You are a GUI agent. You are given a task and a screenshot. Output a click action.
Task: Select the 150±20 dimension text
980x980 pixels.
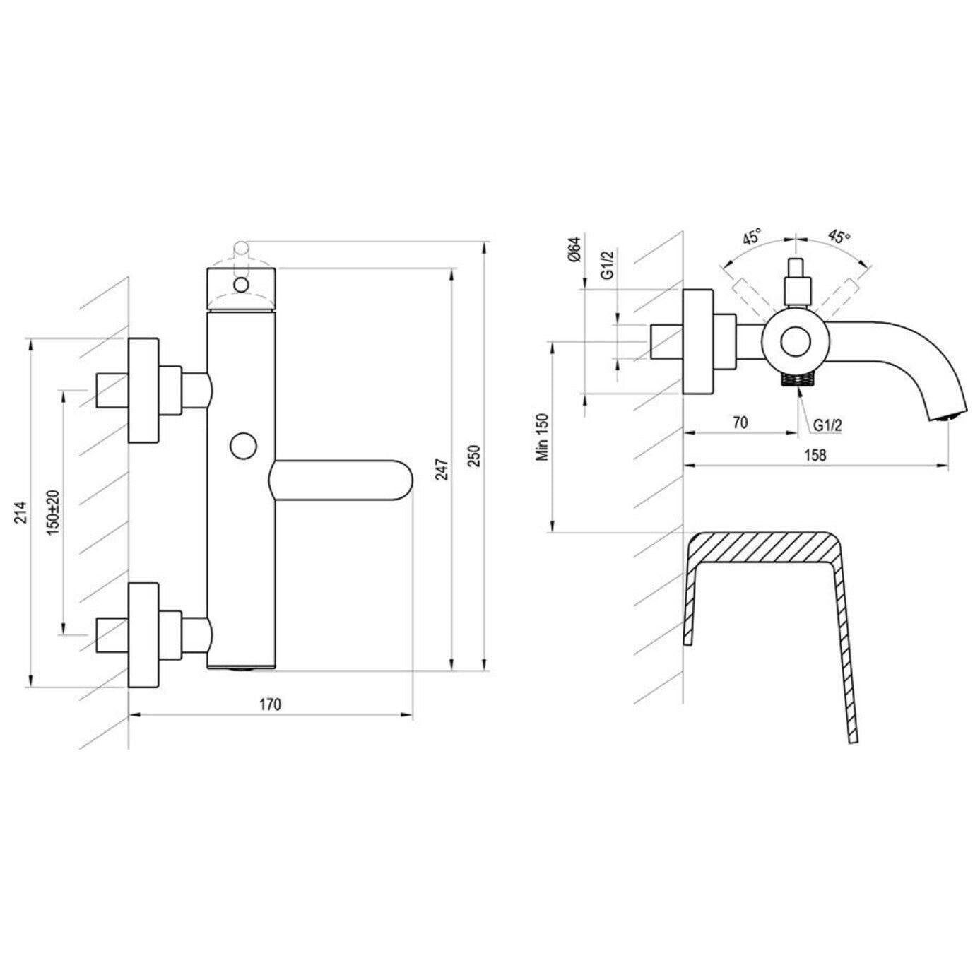coord(54,513)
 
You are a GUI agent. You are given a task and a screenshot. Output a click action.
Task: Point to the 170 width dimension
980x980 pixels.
coord(270,705)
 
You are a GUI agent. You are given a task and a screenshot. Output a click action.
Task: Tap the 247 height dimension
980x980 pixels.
coord(442,471)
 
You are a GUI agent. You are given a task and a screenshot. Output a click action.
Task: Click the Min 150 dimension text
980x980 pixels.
coord(543,437)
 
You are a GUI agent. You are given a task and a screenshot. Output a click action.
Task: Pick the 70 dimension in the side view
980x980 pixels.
coord(740,423)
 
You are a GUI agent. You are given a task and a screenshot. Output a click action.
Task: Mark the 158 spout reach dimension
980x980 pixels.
coord(815,455)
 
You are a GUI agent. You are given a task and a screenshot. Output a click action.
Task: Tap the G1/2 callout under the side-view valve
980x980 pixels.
coord(827,425)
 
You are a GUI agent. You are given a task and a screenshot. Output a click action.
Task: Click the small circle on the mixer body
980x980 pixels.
coord(244,446)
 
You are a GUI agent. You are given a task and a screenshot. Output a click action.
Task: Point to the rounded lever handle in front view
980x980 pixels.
coord(341,480)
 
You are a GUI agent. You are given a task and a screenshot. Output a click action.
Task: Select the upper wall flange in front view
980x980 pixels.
coord(143,391)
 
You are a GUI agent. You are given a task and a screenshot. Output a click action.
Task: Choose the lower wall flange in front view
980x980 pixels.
coord(143,635)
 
